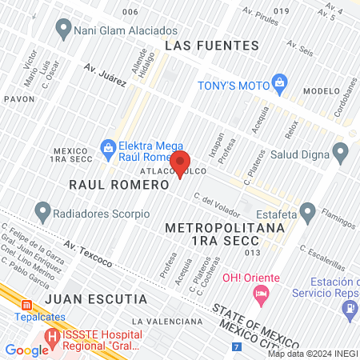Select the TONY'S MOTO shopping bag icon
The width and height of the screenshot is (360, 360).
[x=279, y=80]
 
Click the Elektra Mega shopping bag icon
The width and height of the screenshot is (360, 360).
[x=107, y=146]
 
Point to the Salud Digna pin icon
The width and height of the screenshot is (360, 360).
[x=341, y=151]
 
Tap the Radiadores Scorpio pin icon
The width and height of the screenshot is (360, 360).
[x=42, y=213]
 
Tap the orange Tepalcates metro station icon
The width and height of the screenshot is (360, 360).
[x=27, y=305]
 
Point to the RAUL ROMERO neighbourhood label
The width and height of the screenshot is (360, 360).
[x=119, y=184]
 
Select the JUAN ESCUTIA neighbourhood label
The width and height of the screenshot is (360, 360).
[x=96, y=299]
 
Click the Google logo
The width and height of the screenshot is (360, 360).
[x=27, y=350]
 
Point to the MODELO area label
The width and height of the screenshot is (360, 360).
[x=322, y=90]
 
